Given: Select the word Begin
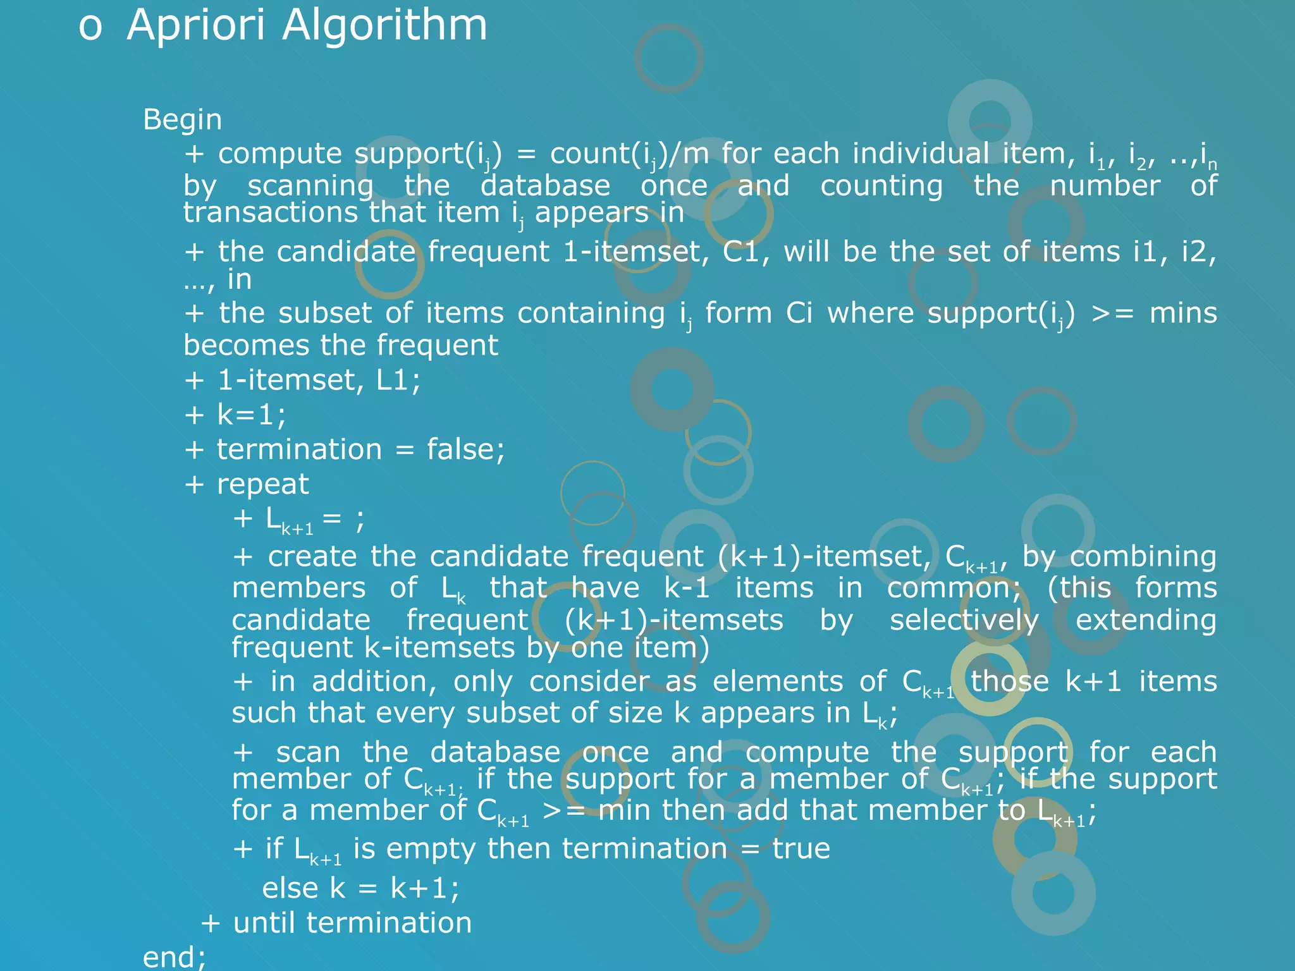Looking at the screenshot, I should [x=182, y=119].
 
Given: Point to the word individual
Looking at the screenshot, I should [x=920, y=154].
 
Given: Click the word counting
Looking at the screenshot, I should [x=881, y=185].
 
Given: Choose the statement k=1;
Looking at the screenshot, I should [x=252, y=415].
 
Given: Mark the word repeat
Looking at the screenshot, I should [x=262, y=485].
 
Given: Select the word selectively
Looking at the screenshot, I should [x=964, y=620].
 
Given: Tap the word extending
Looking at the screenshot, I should [x=1146, y=620].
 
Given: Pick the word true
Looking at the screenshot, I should [x=801, y=848].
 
